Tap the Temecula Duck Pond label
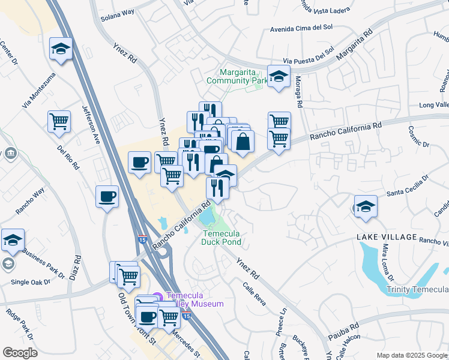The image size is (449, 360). tap(221, 238)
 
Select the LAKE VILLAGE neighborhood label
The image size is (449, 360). tap(387, 237)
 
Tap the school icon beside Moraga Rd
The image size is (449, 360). tap(279, 76)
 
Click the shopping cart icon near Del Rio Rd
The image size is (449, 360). tap(59, 122)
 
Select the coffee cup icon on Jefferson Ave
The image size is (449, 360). tap(107, 196)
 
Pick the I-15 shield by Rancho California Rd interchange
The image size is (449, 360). tap(142, 239)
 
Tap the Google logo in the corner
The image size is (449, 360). tap(20, 352)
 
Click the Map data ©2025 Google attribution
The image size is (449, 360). tap(412, 355)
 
